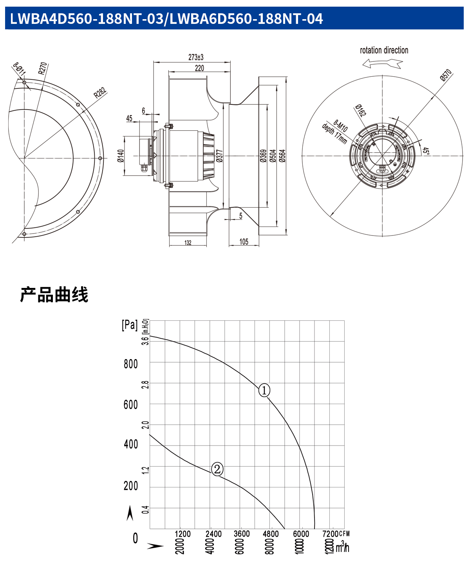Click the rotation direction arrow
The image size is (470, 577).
tap(382, 63)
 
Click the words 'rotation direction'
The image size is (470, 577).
tap(384, 50)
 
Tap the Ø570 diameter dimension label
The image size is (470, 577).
tap(446, 75)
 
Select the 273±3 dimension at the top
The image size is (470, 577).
tap(196, 57)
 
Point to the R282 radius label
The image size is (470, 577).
tap(100, 93)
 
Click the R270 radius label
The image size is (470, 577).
tap(43, 68)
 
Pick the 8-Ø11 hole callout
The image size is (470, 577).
tap(19, 69)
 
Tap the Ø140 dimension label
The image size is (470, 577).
tap(121, 156)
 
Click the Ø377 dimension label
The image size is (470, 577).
tap(219, 156)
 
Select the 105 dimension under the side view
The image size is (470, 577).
tap(244, 242)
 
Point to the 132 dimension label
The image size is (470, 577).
tap(188, 243)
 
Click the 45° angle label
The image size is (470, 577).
tap(426, 151)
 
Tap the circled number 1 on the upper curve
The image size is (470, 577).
tap(264, 390)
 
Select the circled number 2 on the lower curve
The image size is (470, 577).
tap(217, 469)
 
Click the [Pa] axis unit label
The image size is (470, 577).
tap(130, 325)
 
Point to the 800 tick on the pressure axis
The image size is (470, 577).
tap(131, 364)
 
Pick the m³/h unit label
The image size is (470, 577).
tap(342, 547)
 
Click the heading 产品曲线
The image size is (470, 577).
tap(54, 295)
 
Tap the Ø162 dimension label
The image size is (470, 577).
tap(360, 110)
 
